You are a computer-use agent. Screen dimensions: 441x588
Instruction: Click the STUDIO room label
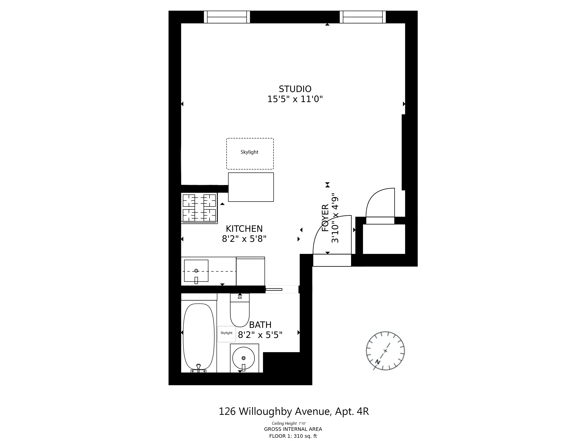click(295, 89)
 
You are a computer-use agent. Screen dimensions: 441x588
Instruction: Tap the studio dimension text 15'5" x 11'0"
click(295, 99)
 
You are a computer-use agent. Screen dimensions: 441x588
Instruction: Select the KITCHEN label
click(244, 229)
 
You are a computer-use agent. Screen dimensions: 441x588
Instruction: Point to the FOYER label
click(325, 218)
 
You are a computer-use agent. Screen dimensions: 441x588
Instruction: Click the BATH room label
click(260, 325)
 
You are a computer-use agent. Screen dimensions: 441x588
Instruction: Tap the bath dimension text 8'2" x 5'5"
click(260, 335)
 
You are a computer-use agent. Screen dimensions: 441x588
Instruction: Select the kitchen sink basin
click(196, 271)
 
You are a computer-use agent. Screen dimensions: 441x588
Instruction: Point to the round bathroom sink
click(243, 358)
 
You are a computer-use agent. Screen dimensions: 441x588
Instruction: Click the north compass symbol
click(385, 351)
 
